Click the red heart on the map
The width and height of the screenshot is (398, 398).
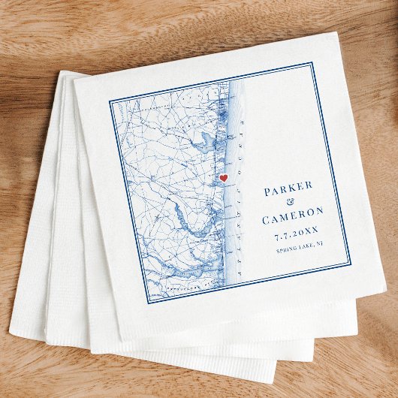point(223,178)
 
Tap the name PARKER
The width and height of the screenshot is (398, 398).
point(288,189)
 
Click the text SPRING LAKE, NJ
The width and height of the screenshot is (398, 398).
point(299,247)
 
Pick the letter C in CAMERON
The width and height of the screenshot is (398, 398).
point(266,221)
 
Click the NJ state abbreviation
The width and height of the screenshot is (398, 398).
point(318,244)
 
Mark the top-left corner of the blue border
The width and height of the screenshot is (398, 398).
point(109,100)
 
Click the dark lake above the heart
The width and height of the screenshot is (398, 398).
point(201,139)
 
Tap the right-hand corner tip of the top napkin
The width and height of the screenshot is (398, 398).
point(385,286)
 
